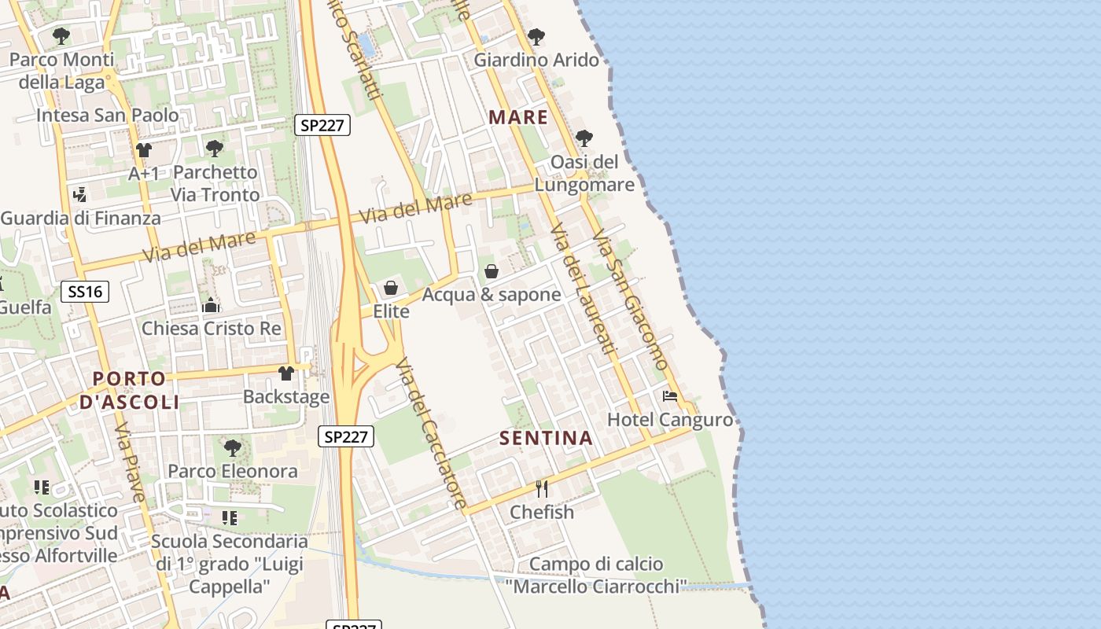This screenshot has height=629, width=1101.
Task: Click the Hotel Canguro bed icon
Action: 670,396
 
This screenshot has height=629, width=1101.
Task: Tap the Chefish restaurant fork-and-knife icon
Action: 542,489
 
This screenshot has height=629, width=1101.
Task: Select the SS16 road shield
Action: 85,292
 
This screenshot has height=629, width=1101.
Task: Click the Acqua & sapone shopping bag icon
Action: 492,271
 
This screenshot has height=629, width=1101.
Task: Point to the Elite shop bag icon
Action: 391,288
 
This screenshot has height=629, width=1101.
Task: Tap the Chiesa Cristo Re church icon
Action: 211,305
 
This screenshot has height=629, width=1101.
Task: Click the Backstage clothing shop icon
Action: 286,373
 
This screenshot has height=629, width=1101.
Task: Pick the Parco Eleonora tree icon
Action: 232,448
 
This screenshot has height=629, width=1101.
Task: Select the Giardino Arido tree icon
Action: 536,36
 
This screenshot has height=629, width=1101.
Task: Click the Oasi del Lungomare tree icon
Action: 584,138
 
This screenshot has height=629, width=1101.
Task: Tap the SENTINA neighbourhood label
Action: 546,439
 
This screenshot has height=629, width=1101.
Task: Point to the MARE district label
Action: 518,118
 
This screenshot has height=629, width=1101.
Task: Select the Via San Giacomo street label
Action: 631,300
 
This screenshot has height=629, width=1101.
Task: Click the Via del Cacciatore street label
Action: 431,433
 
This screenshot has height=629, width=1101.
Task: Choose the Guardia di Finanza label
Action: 80,219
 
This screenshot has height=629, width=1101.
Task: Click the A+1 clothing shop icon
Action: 143,149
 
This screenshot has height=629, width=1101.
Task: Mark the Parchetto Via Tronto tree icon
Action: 214,148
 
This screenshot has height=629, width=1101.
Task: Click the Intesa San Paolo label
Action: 108,115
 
